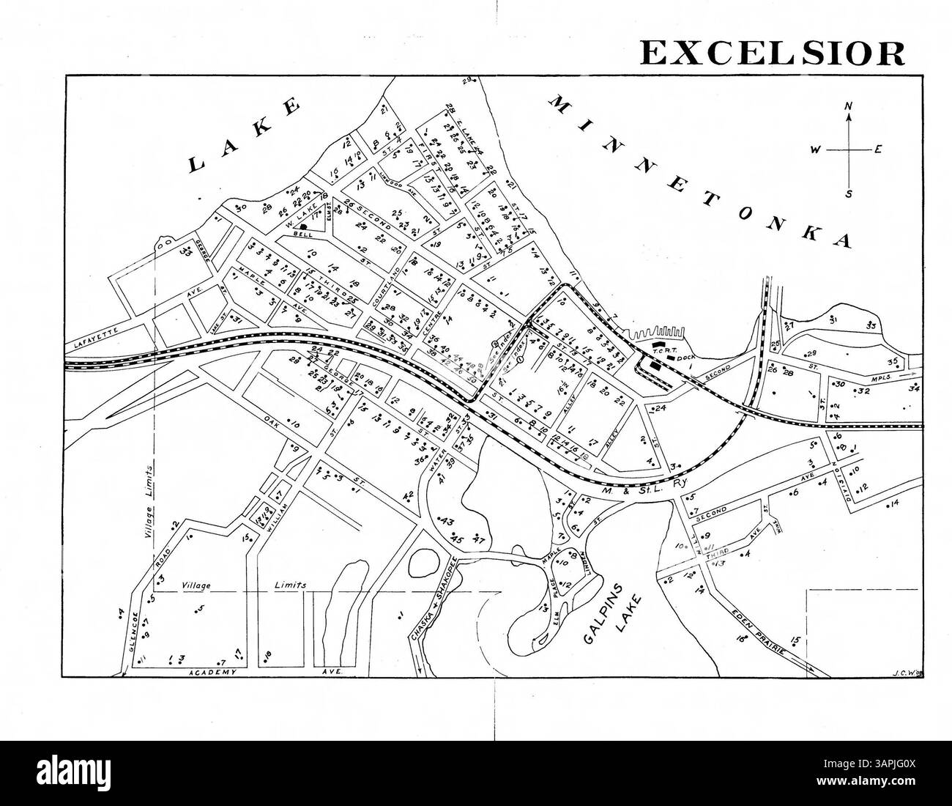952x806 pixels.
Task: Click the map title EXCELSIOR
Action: click(772, 53)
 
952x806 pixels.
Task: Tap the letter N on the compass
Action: click(849, 106)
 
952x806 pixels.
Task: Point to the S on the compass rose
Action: click(849, 193)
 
